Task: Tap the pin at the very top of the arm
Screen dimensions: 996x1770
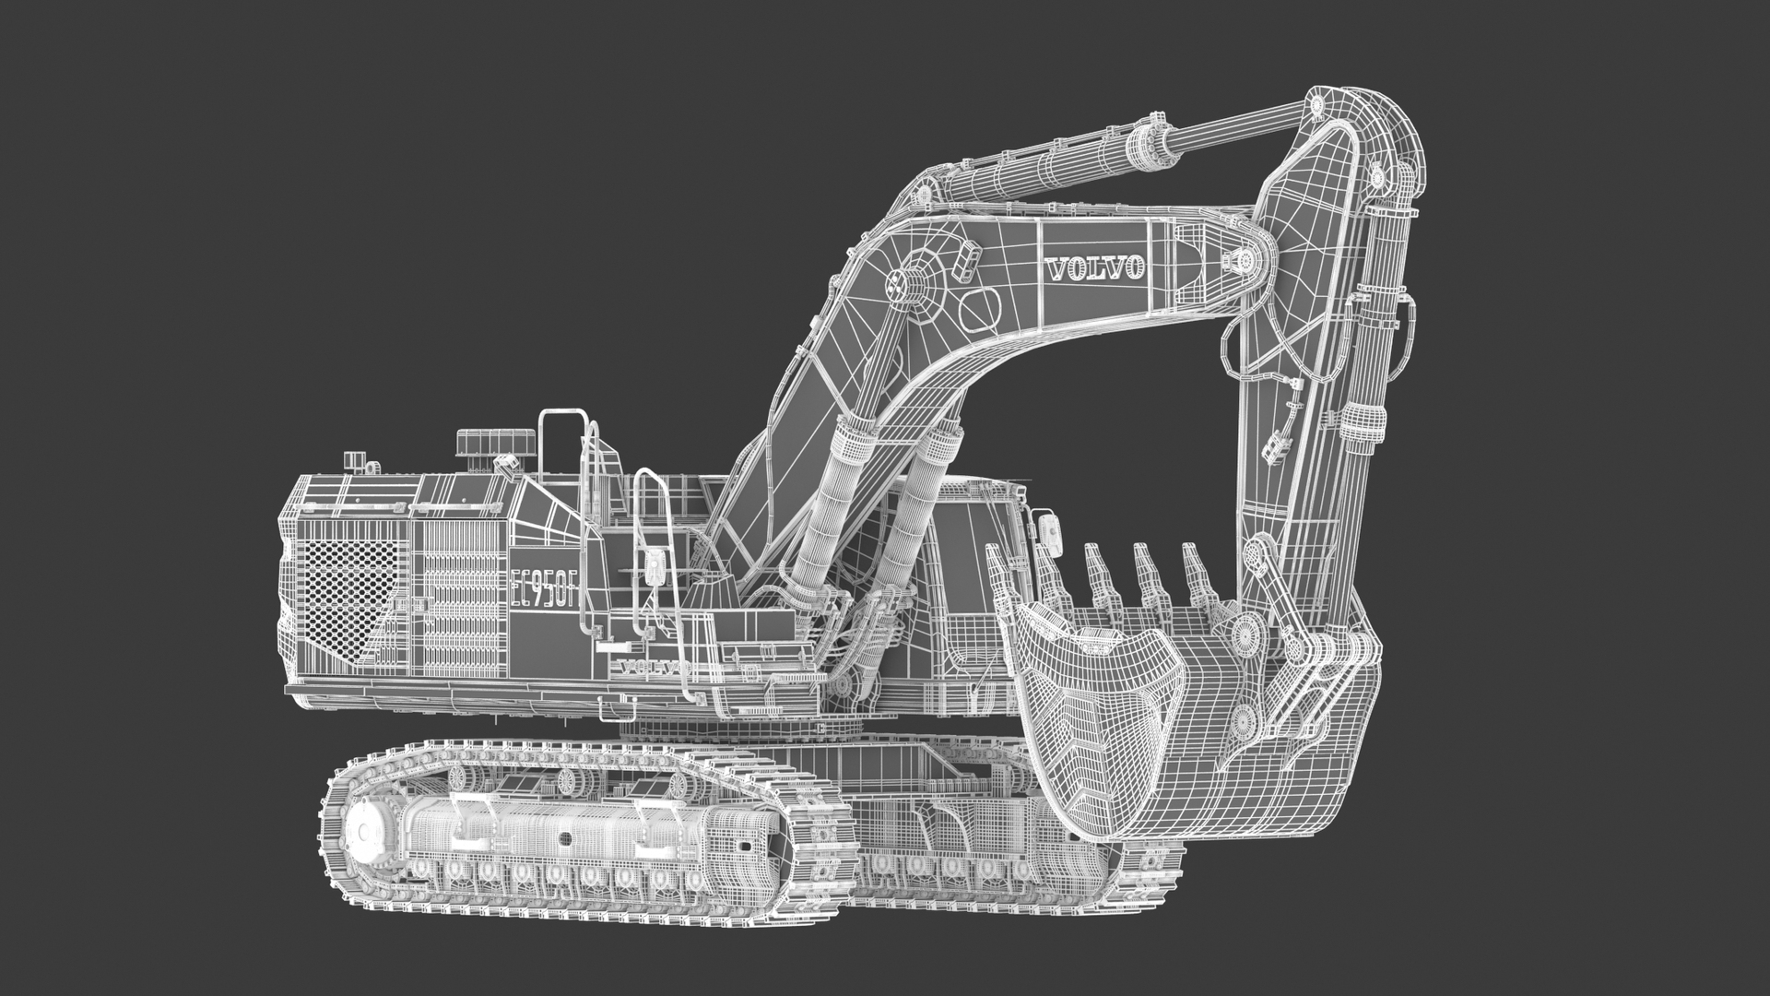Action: pos(1318,106)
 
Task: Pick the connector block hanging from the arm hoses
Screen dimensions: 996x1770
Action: pos(1276,448)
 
